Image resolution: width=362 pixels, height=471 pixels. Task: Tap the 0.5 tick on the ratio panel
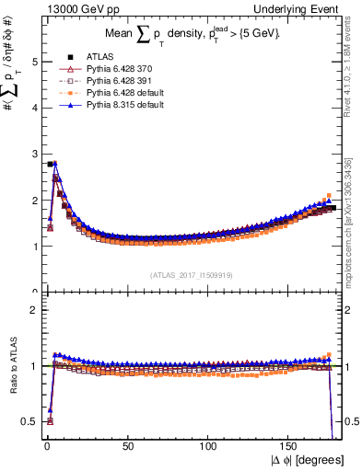(x=29, y=421)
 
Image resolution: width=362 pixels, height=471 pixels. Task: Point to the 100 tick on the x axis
(x=210, y=448)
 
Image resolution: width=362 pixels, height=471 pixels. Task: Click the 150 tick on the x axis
(x=291, y=448)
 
